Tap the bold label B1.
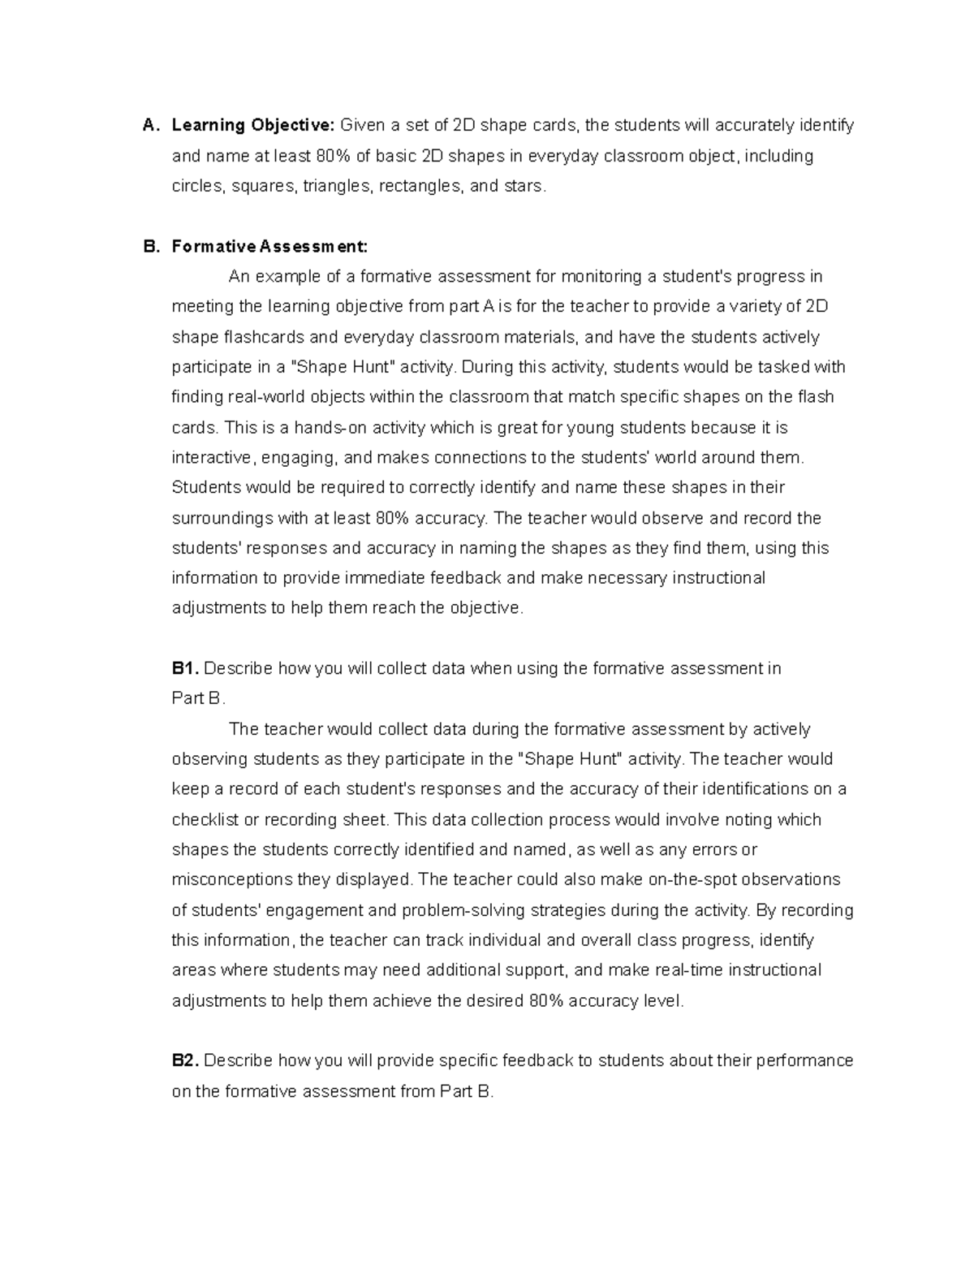(185, 668)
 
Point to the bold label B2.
(185, 1060)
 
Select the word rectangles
(420, 186)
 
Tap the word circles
(199, 186)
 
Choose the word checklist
(205, 819)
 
